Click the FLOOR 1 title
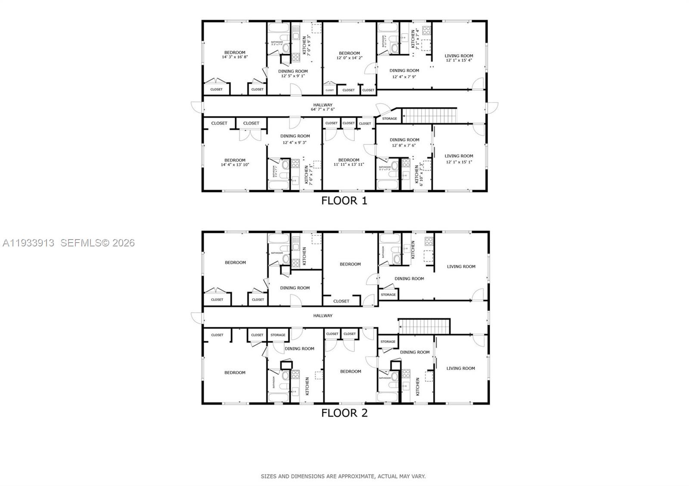click(344, 200)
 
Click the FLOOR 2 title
click(344, 413)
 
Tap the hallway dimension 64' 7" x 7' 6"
click(323, 109)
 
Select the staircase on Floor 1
click(429, 116)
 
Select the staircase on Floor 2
click(424, 326)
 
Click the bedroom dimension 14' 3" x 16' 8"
click(235, 57)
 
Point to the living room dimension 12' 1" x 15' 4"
click(459, 60)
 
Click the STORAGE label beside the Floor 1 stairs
click(389, 119)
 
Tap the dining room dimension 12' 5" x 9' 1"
click(293, 76)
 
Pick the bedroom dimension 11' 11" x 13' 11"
click(348, 164)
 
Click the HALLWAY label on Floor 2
click(323, 316)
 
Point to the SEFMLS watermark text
click(97, 243)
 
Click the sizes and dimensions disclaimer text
click(343, 476)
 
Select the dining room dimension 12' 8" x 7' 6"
click(404, 145)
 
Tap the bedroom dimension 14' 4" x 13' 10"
click(235, 164)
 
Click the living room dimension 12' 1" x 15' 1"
click(459, 162)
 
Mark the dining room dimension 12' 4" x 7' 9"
click(404, 77)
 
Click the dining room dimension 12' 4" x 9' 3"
click(295, 142)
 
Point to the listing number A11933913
click(28, 243)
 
